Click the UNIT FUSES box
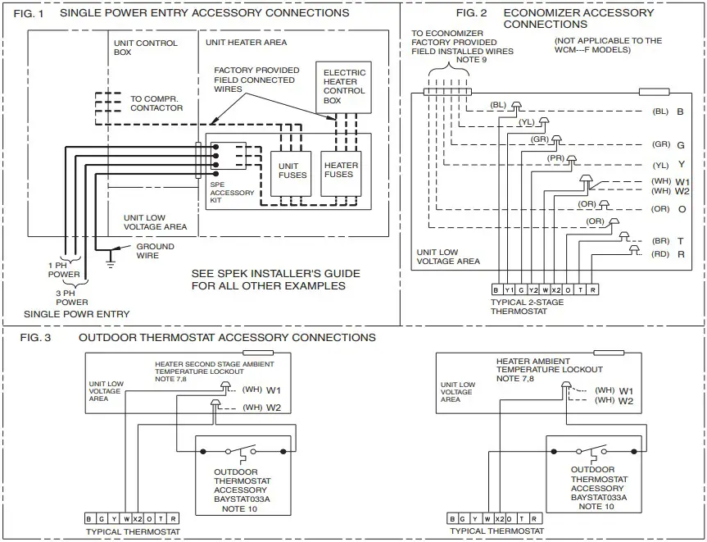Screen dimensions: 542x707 pyautogui.click(x=292, y=170)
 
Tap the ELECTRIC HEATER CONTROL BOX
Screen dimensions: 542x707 pyautogui.click(x=344, y=87)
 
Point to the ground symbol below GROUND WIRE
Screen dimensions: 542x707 pyautogui.click(x=110, y=263)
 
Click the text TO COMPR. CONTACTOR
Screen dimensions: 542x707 pyautogui.click(x=156, y=103)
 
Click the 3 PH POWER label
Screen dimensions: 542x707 pyautogui.click(x=72, y=297)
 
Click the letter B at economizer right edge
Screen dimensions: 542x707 pyautogui.click(x=680, y=111)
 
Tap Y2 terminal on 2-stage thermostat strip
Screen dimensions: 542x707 pyautogui.click(x=533, y=290)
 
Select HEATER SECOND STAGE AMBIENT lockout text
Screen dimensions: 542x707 pyautogui.click(x=215, y=364)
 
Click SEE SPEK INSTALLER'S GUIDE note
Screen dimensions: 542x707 pyautogui.click(x=268, y=280)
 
